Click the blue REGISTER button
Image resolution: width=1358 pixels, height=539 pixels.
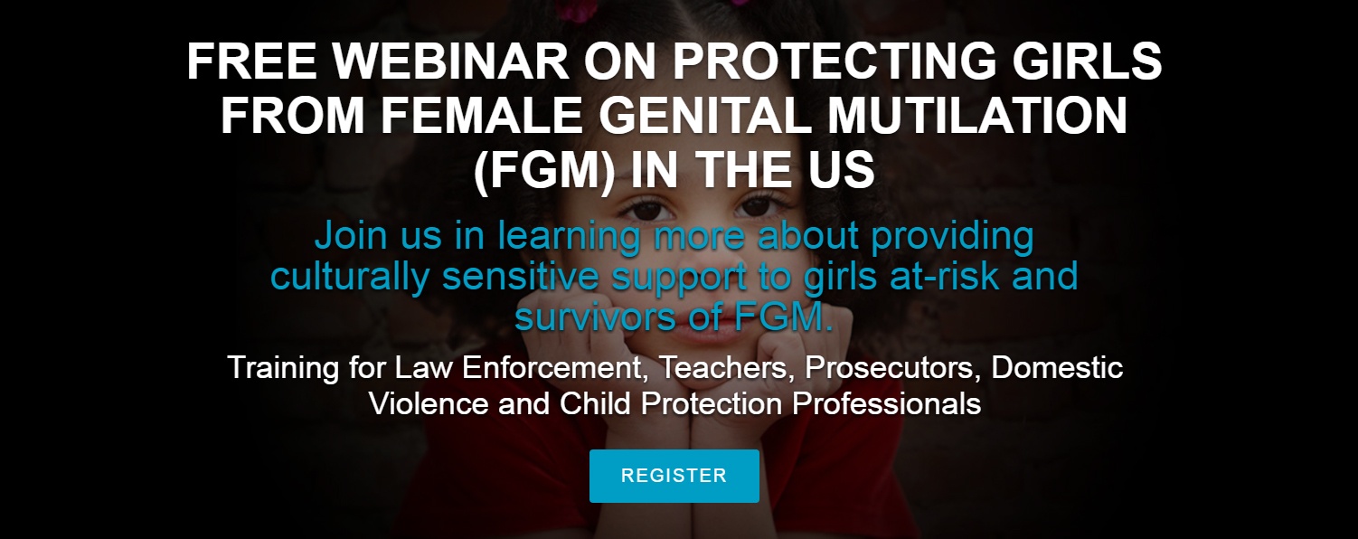(674, 476)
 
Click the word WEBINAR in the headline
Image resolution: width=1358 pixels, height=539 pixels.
(450, 61)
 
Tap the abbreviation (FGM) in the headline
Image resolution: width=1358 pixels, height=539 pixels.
(543, 172)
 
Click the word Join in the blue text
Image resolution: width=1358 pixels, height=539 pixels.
(351, 236)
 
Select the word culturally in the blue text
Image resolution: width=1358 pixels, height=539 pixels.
(350, 277)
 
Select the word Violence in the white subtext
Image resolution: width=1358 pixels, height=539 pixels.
(429, 403)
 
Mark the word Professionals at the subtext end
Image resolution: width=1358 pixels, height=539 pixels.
(887, 403)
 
